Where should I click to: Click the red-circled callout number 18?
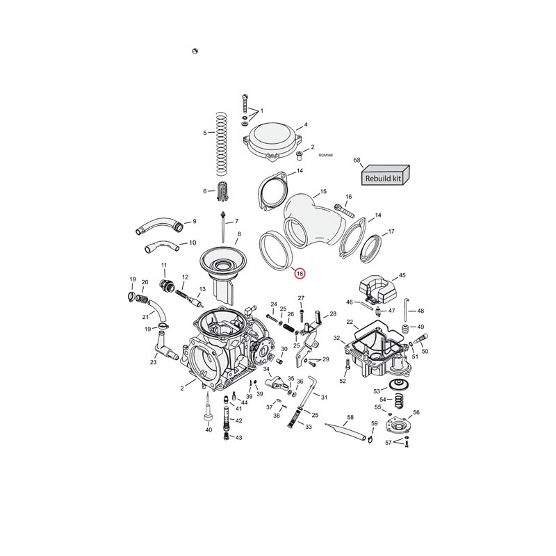(300, 273)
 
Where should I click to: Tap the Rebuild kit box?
(386, 175)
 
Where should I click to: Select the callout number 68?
(357, 161)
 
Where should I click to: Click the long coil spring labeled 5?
(221, 144)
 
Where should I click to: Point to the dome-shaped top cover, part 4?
(273, 141)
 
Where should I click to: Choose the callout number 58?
(350, 418)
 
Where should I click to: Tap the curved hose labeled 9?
(159, 224)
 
